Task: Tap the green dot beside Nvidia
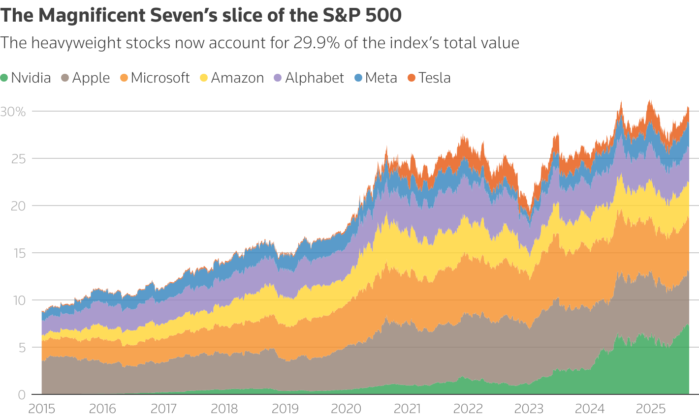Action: coord(4,78)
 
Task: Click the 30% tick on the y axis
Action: coord(13,112)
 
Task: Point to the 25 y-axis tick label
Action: coord(18,159)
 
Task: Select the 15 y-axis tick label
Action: coord(18,253)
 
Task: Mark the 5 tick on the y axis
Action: coord(21,348)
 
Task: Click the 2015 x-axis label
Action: coord(42,409)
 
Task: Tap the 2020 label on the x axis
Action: coord(346,409)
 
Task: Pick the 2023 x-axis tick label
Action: coord(529,409)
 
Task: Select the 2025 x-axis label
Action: coord(650,409)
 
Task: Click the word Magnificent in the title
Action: coord(93,16)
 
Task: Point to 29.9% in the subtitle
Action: coord(317,43)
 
